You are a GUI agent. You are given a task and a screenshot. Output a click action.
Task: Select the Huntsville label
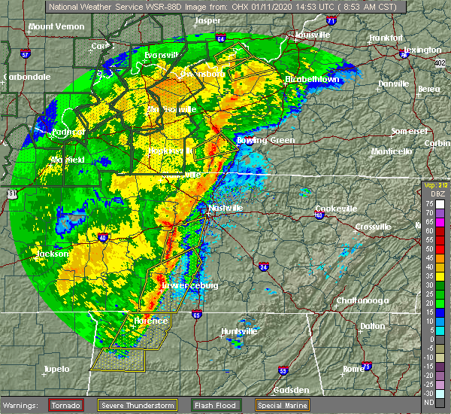tap(238, 331)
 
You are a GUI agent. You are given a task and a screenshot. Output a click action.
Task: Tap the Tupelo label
tap(55, 369)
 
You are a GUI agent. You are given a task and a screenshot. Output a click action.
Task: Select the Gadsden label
tap(290, 390)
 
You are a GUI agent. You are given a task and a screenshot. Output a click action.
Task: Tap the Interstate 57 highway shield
tap(24, 54)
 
